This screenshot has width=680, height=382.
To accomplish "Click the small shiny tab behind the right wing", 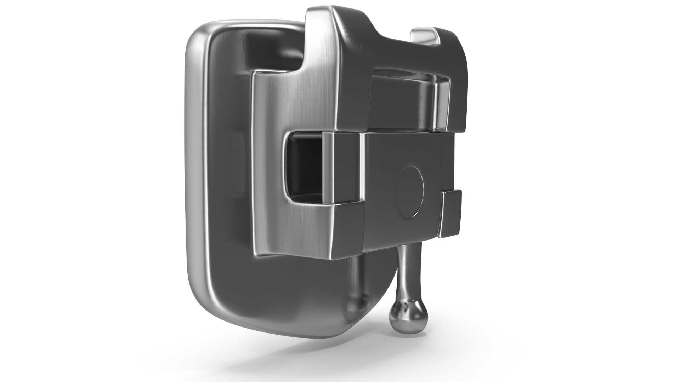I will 424,36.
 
